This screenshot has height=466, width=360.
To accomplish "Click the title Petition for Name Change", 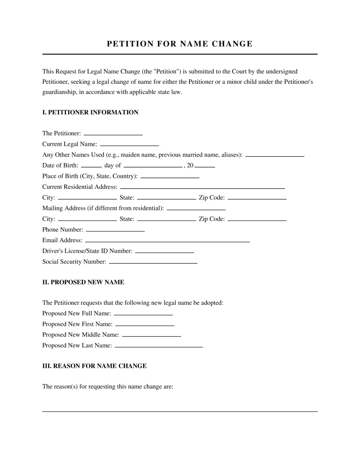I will click(180, 44).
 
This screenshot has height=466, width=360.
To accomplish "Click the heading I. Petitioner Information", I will click(90, 112).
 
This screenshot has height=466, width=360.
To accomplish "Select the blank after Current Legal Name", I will click(129, 144).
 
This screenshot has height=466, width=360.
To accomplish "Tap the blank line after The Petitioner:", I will click(113, 133).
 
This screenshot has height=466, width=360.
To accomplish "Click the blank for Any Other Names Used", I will click(274, 154).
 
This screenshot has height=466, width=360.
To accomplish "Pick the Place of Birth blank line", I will click(170, 176).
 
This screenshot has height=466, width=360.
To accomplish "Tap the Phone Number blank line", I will click(115, 230).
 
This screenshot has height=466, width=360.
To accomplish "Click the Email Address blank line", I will click(167, 240).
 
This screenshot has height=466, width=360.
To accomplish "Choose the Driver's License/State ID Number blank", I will click(164, 251).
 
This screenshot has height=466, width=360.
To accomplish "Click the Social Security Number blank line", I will click(153, 262).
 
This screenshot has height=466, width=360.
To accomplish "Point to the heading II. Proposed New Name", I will click(83, 282).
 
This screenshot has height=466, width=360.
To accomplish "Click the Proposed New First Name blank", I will click(144, 324).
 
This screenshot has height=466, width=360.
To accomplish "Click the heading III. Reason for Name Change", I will click(94, 366).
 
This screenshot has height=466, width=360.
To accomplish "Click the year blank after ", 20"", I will click(205, 165).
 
